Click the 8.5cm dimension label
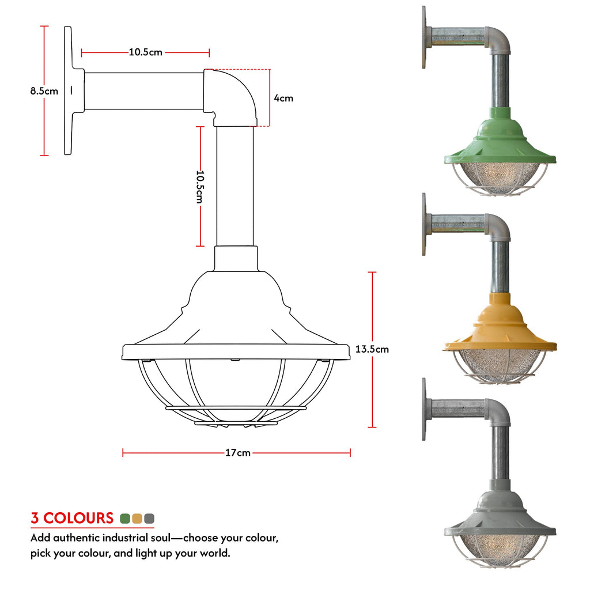(44, 90)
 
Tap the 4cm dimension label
(283, 98)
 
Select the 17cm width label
(237, 453)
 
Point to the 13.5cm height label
(372, 349)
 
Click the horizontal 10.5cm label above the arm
(145, 52)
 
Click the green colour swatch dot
(124, 518)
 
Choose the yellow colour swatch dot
(137, 518)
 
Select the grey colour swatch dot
(150, 518)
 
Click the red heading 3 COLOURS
(72, 518)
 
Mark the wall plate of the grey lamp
(425, 409)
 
